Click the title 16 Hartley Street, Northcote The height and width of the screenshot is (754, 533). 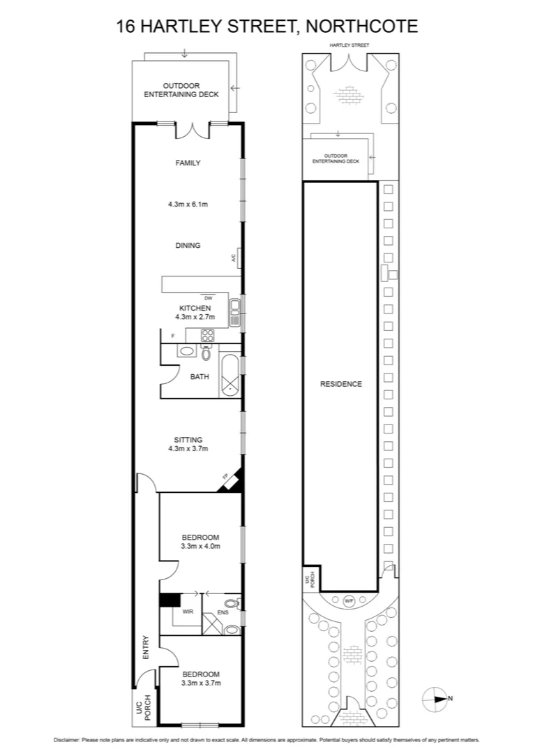click(266, 27)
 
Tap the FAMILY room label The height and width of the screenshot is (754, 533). click(188, 163)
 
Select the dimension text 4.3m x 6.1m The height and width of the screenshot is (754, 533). click(188, 205)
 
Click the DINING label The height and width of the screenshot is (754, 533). click(188, 246)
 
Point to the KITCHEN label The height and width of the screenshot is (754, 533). click(195, 308)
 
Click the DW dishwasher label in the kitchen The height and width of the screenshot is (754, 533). click(208, 298)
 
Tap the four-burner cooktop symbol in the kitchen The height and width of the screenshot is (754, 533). click(207, 336)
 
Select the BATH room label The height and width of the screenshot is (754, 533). click(200, 377)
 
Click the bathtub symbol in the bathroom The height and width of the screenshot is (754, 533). click(230, 377)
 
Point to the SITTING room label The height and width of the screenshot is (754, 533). click(188, 440)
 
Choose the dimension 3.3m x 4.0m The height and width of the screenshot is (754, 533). click(201, 546)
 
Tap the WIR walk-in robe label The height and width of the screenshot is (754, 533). click(188, 611)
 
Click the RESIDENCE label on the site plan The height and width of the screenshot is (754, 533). click(341, 384)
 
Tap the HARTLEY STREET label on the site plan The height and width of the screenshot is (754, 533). click(350, 45)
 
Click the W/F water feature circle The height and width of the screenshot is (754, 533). click(349, 600)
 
